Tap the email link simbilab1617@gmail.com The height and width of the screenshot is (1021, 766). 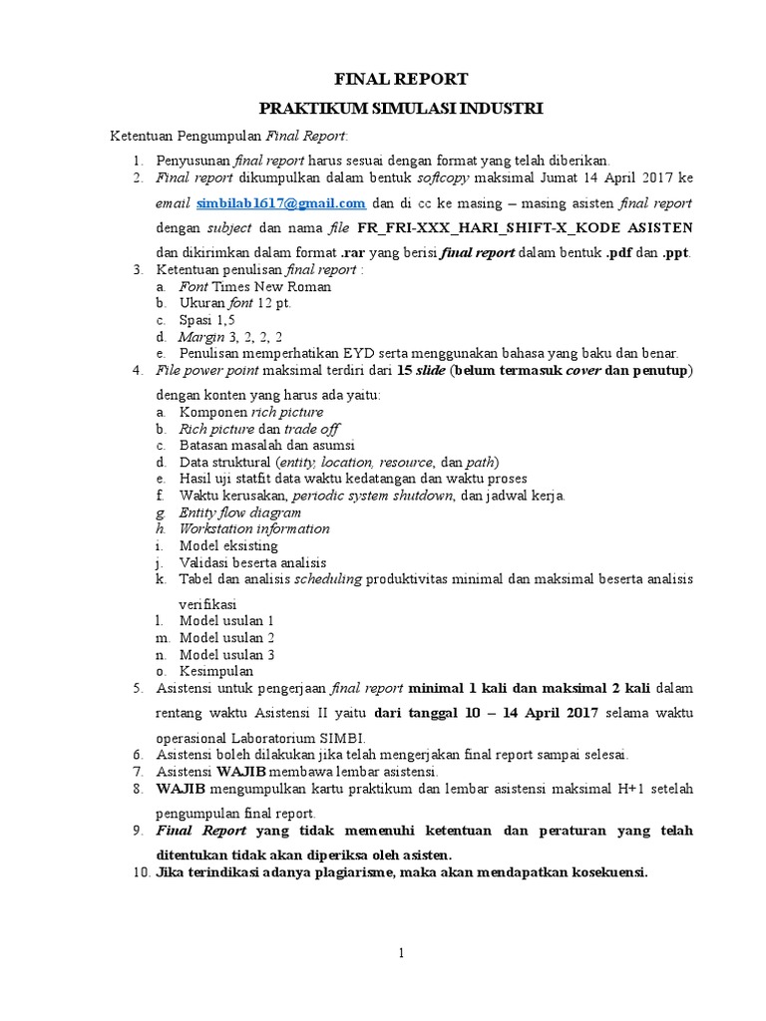[282, 202]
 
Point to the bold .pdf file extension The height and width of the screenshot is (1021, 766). [615, 253]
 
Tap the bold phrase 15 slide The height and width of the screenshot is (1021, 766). [421, 371]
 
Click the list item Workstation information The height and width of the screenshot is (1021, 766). [253, 529]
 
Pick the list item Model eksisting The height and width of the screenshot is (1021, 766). [228, 546]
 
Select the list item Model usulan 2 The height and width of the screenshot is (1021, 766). [226, 637]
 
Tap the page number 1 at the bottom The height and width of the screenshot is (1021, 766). [401, 954]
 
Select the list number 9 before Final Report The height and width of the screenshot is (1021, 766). [138, 831]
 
